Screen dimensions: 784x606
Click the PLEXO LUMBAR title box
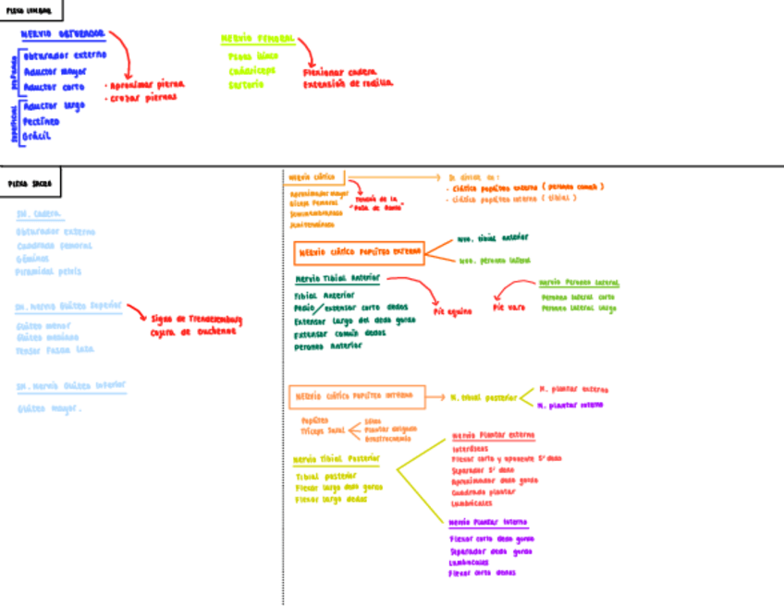[x=32, y=11]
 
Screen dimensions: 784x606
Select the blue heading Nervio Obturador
[x=64, y=33]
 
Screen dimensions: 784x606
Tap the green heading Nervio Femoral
[x=257, y=39]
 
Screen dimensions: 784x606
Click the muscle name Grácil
[x=37, y=136]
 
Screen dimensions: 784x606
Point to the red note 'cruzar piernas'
[x=141, y=97]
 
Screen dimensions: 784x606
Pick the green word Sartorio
[x=247, y=84]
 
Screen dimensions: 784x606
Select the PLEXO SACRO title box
[x=31, y=183]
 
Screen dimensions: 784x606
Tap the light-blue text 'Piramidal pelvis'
[x=48, y=272]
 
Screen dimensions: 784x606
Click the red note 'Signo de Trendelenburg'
[x=196, y=320]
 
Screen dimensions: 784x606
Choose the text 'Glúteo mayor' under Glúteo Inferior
[x=49, y=407]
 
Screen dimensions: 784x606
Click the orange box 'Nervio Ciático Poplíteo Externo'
[x=359, y=251]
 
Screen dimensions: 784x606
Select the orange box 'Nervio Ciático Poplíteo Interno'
[x=356, y=396]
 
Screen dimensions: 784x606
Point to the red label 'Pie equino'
[x=452, y=311]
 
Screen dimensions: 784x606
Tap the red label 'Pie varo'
[x=508, y=307]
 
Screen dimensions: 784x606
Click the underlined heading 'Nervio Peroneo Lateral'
[x=580, y=283]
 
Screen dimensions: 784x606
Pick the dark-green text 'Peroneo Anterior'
[x=328, y=346]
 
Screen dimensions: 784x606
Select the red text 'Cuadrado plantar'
[x=484, y=492]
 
